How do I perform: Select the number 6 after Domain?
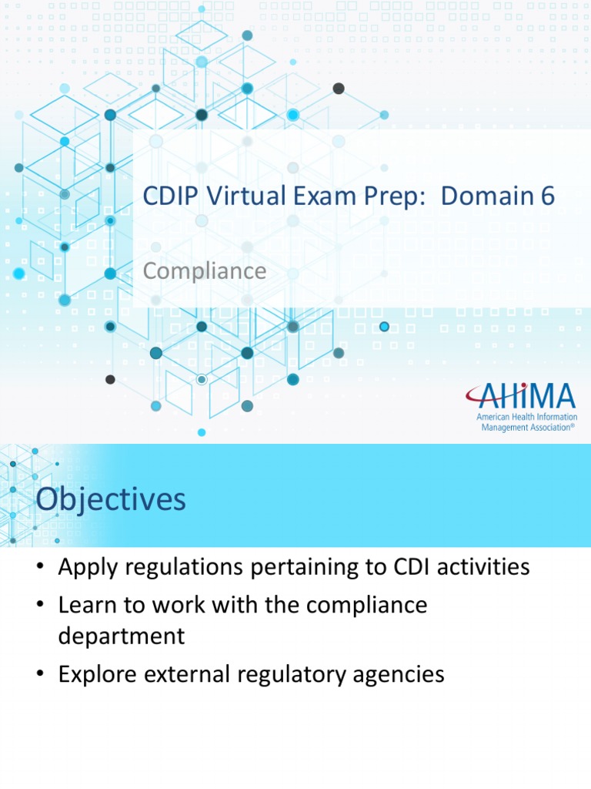[x=547, y=196]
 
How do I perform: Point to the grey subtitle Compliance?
[x=205, y=271]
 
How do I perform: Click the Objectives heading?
[x=111, y=499]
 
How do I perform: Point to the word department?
[x=122, y=636]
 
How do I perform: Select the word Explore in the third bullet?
[x=96, y=675]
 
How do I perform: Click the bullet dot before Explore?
[x=40, y=676]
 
